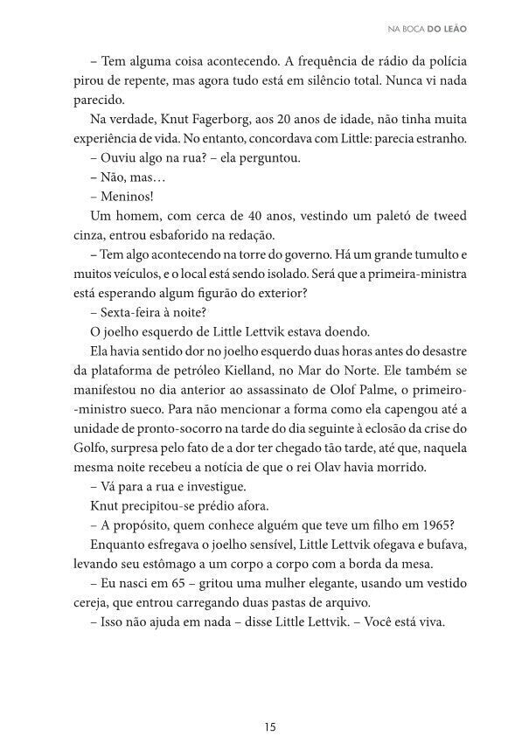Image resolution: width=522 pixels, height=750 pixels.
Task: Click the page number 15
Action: (270, 725)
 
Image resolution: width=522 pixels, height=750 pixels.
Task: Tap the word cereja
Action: (91, 603)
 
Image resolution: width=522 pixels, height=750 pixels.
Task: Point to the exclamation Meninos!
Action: (128, 195)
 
